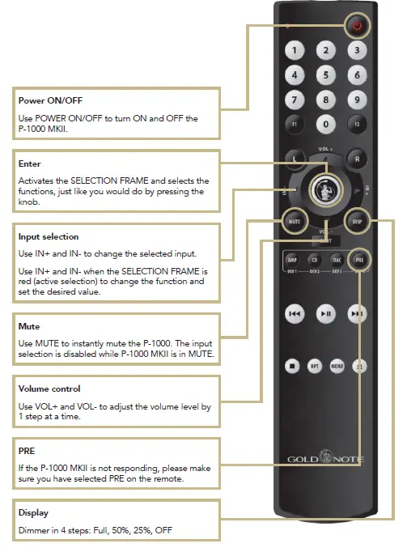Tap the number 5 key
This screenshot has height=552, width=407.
pyautogui.click(x=325, y=75)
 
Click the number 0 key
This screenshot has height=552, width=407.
pyautogui.click(x=325, y=125)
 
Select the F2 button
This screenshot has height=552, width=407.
pyautogui.click(x=355, y=125)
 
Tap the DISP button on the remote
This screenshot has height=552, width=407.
pyautogui.click(x=356, y=220)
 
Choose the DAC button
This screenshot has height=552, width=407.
pyautogui.click(x=337, y=261)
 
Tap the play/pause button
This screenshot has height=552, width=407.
pyautogui.click(x=325, y=314)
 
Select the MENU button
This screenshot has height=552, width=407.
pyautogui.click(x=337, y=366)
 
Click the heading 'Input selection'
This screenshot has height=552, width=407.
pyautogui.click(x=49, y=237)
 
